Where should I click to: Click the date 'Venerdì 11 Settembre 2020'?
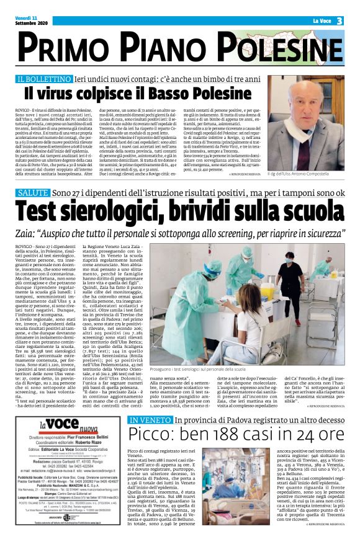tap(32, 20)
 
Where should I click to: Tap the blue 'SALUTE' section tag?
tap(34, 194)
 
